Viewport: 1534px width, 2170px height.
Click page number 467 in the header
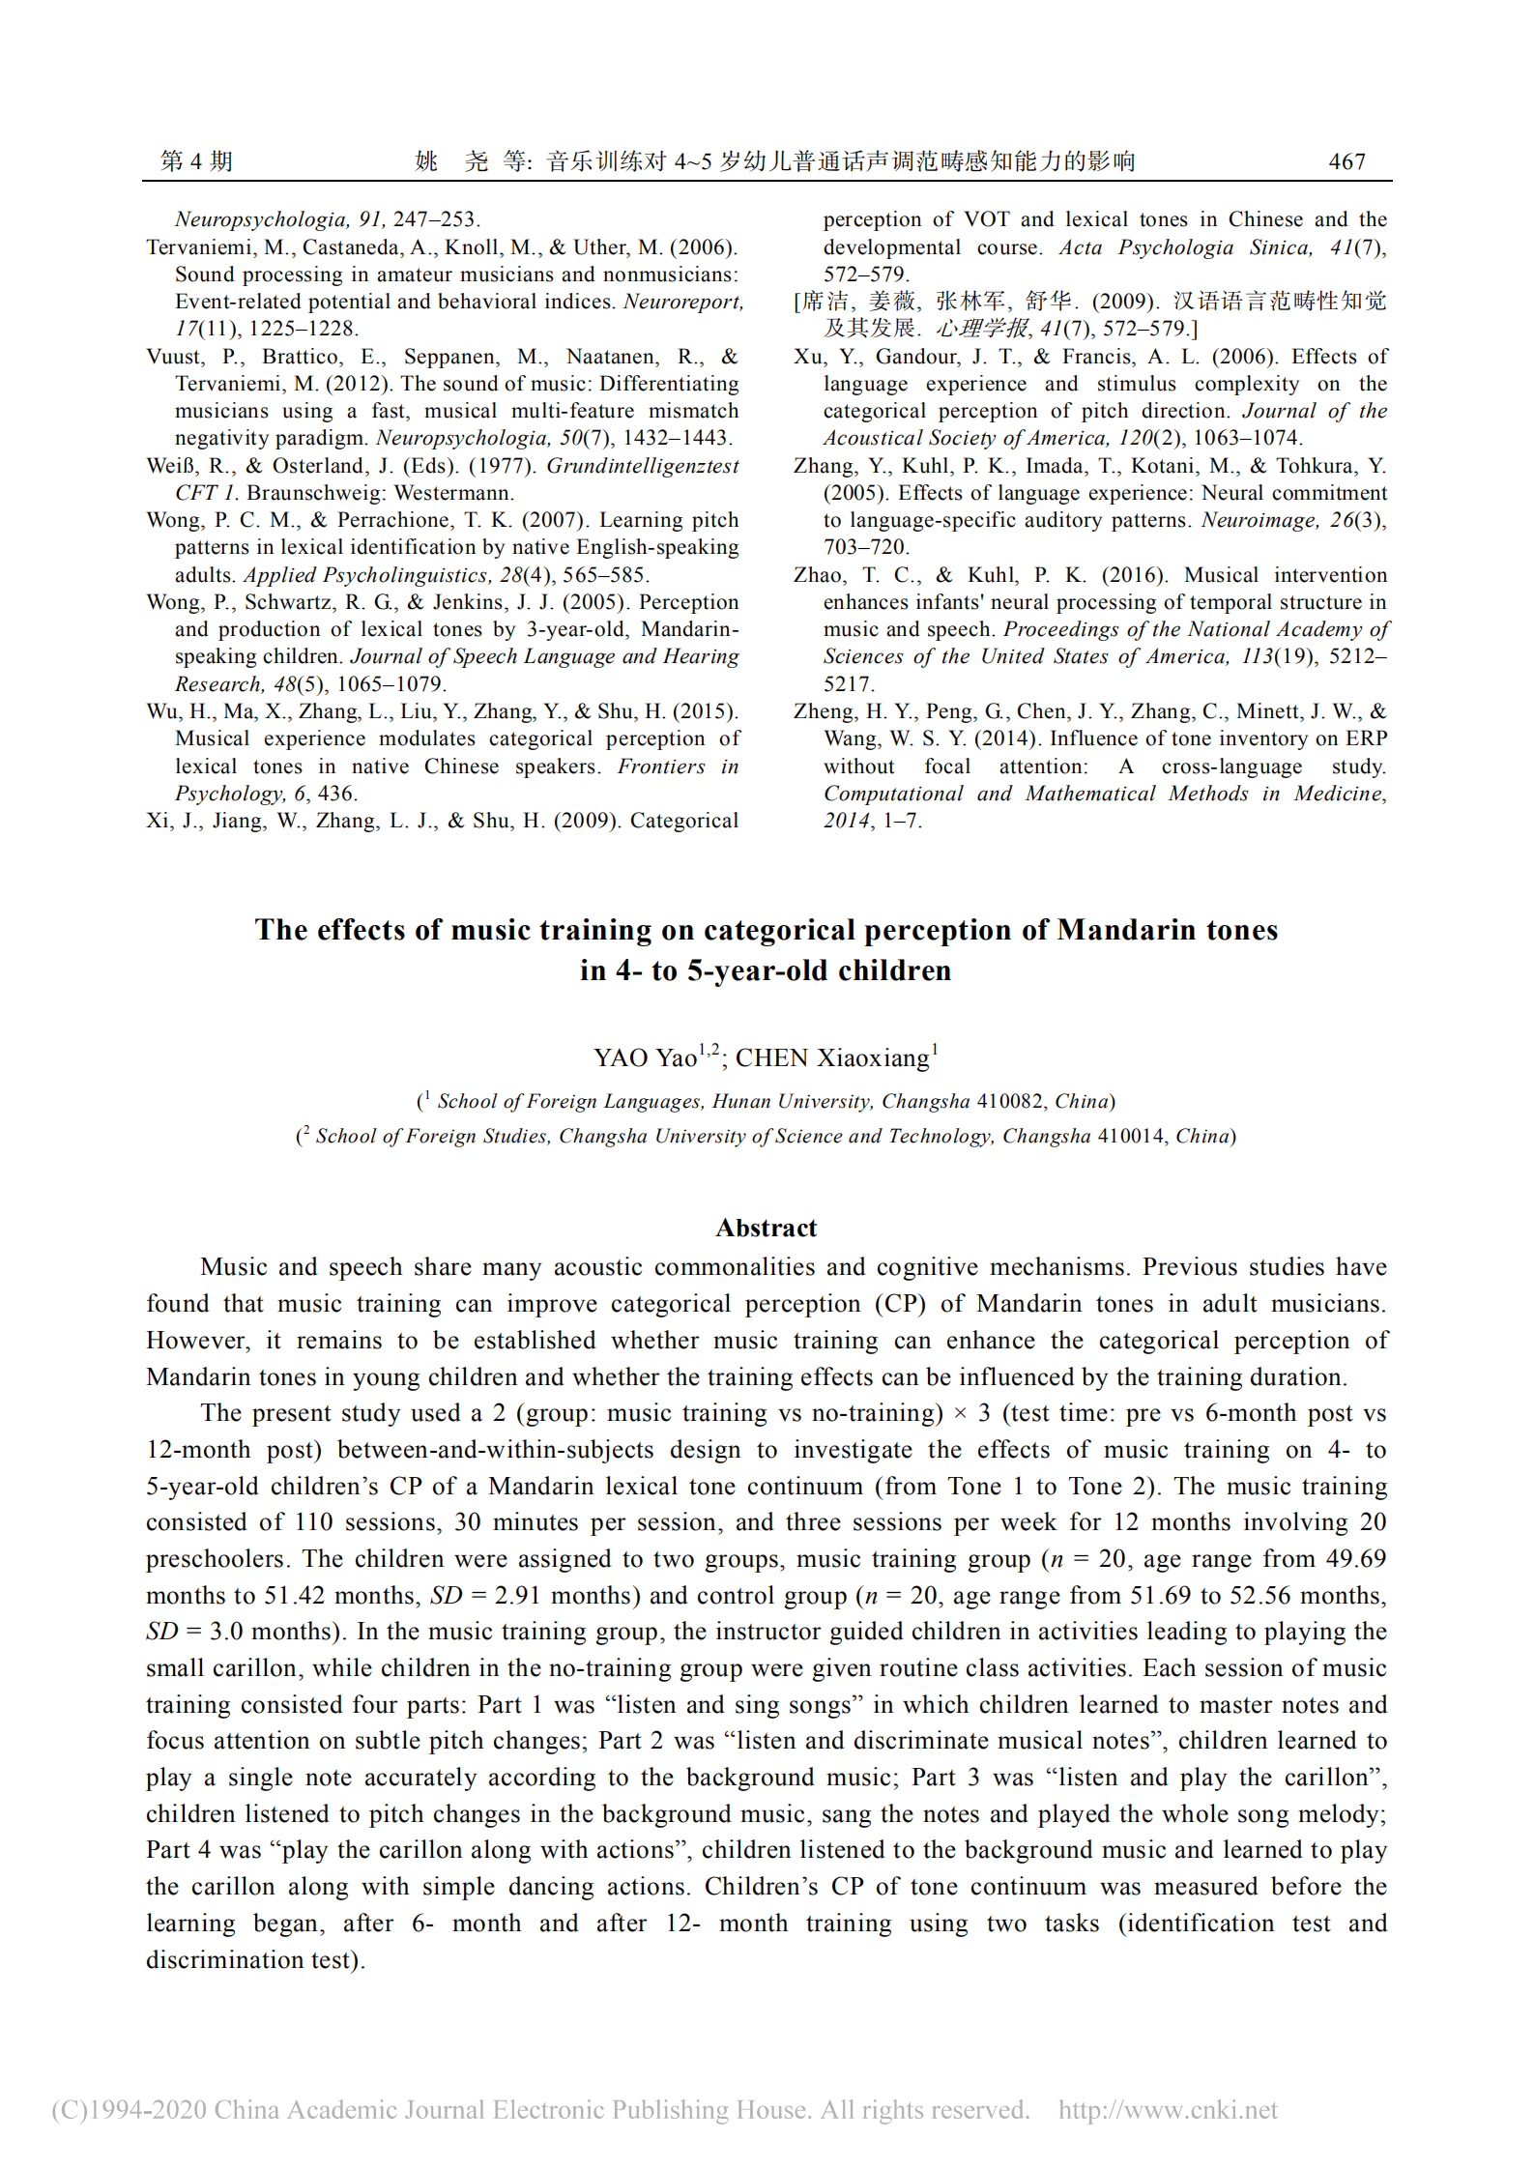(1346, 161)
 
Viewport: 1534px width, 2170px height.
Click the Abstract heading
(767, 1228)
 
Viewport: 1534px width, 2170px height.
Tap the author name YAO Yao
(645, 1057)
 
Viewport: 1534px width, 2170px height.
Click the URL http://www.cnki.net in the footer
(1168, 2109)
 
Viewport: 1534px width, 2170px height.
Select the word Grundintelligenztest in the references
(643, 466)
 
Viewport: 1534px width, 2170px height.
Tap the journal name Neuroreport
(682, 302)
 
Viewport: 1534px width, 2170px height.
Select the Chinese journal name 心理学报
(982, 329)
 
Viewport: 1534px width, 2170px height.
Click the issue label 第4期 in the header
(196, 161)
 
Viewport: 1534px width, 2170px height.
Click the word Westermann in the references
(455, 493)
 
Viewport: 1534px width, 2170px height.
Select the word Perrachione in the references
(395, 520)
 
